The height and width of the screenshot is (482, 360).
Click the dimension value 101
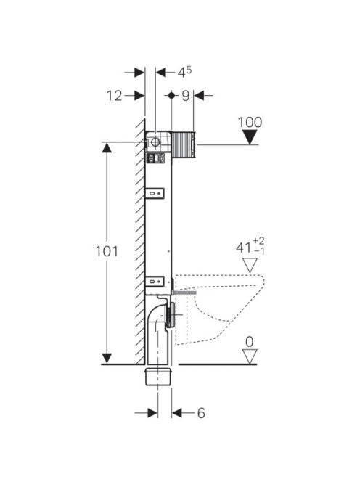pyautogui.click(x=107, y=251)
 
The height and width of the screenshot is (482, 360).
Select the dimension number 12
pyautogui.click(x=115, y=96)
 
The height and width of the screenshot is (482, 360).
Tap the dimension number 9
pyautogui.click(x=185, y=96)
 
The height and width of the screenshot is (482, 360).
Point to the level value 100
pyautogui.click(x=250, y=123)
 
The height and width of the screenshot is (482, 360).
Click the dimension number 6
pyautogui.click(x=201, y=413)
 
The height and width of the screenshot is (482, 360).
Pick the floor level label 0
pyautogui.click(x=250, y=342)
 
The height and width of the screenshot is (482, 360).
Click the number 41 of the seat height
pyautogui.click(x=243, y=248)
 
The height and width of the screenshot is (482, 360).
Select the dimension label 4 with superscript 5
pyautogui.click(x=184, y=73)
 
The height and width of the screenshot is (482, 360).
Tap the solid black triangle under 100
pyautogui.click(x=250, y=137)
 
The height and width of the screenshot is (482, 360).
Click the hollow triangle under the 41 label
pyautogui.click(x=250, y=265)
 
